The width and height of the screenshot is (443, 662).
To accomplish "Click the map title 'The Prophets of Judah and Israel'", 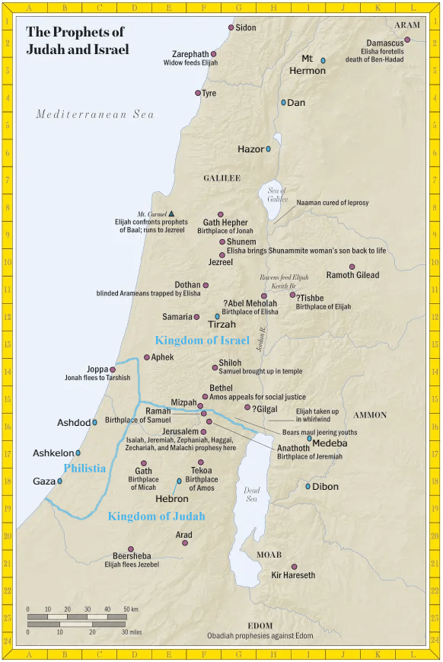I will point(77,41).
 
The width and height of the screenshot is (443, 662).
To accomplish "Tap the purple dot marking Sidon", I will point(231,27).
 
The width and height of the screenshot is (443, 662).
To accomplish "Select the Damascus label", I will point(384,43).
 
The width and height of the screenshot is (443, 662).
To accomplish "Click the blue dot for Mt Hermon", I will point(323,60).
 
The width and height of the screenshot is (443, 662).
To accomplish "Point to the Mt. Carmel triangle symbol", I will point(171,214).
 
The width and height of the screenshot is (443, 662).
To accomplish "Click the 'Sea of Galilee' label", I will point(277,195).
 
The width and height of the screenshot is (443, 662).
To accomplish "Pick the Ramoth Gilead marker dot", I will point(352,267).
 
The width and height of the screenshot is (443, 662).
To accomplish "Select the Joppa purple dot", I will point(113,369).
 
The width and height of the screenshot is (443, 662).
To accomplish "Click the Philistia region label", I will point(84,469).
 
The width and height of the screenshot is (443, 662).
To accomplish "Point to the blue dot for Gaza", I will point(59,481).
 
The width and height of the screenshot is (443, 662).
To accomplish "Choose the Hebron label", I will point(172,499).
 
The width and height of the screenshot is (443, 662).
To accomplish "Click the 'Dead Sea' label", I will point(252,495).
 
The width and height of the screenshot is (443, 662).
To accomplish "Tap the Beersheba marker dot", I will point(131,548).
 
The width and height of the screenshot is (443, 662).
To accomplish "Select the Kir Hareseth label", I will point(293,575).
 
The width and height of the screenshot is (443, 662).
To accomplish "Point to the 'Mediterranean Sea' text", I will point(95,114).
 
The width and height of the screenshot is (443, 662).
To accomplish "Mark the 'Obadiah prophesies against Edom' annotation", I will point(260,635).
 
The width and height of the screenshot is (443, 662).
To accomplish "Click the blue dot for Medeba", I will point(309,438).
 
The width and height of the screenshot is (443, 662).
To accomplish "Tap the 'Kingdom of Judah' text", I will point(156,516).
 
